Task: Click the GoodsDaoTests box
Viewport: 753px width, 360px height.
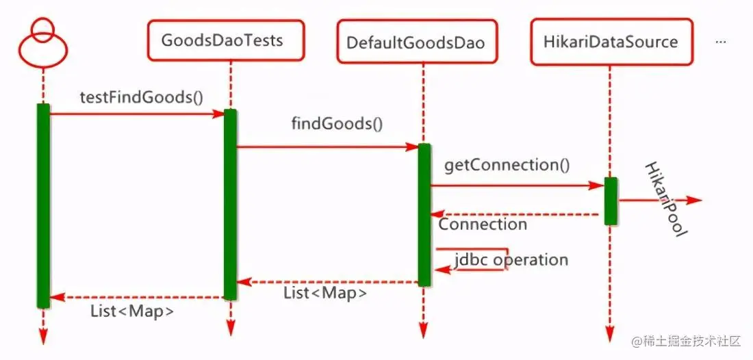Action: (222, 41)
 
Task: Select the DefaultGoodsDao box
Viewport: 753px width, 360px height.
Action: (415, 43)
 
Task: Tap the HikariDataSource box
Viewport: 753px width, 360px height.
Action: (611, 42)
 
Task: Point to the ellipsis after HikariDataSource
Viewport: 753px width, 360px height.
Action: (720, 42)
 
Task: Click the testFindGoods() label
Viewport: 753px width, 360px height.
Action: (142, 97)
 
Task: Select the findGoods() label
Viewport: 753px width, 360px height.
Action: (337, 124)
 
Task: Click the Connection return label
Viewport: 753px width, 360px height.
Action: (483, 224)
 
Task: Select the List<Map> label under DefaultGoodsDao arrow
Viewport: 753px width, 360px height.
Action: (325, 293)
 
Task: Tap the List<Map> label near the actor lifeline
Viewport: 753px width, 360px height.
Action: (132, 311)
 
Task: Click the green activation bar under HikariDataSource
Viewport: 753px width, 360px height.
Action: (611, 201)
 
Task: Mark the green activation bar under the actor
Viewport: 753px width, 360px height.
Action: (43, 205)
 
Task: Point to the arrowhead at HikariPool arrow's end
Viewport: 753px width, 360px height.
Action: (694, 201)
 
